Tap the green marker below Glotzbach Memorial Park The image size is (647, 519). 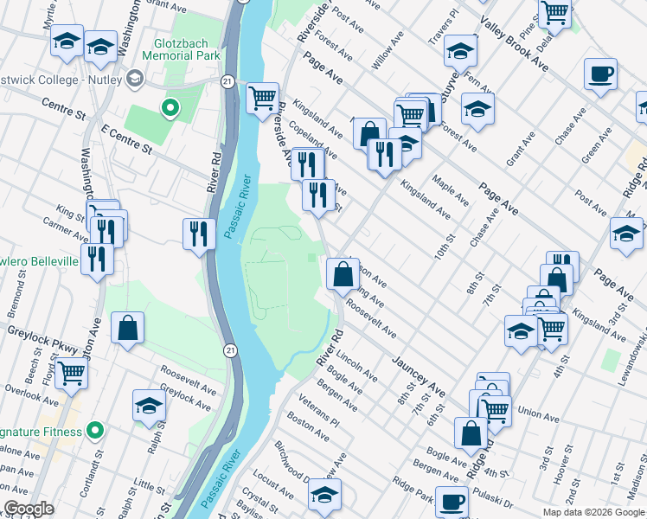[170, 108]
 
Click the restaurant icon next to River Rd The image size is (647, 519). [199, 234]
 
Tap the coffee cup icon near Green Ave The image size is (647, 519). [599, 74]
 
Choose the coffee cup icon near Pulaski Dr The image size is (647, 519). [451, 501]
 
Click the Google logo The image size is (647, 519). [29, 509]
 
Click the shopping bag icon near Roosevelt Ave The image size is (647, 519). [343, 273]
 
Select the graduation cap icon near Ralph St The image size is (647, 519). [149, 405]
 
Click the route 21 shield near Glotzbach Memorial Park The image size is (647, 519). [226, 80]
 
